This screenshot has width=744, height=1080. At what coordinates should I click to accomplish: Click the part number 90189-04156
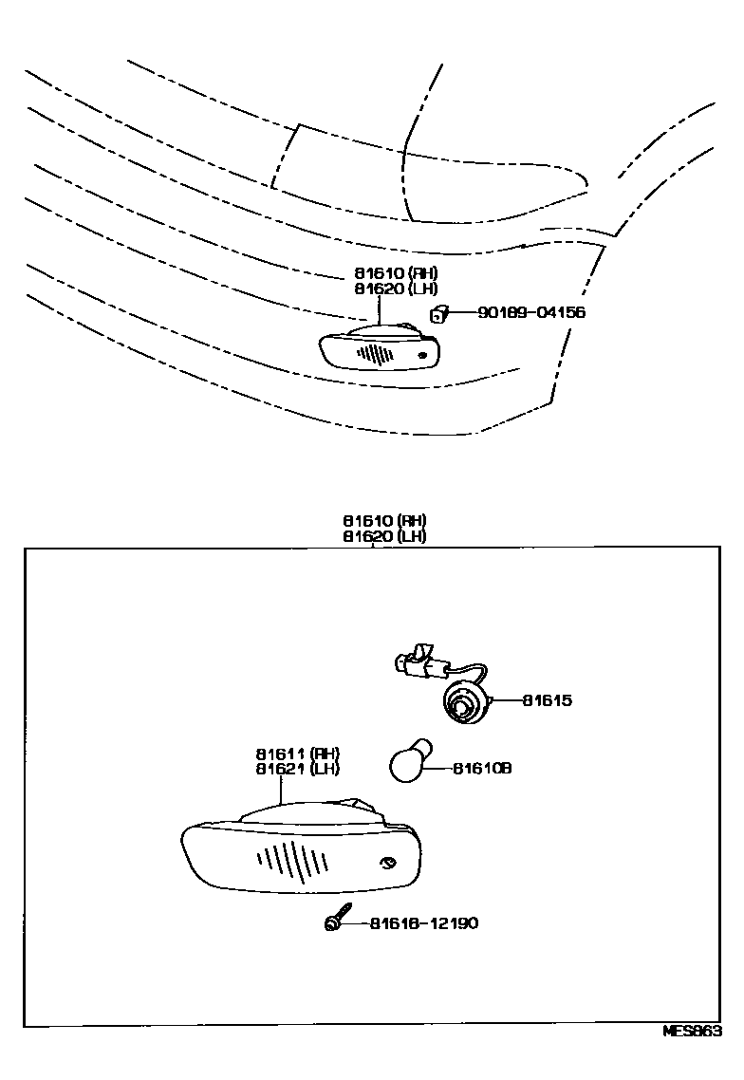(x=531, y=312)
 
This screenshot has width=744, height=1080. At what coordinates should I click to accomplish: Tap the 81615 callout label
(x=548, y=701)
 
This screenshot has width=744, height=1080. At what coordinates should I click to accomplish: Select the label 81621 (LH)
(x=297, y=769)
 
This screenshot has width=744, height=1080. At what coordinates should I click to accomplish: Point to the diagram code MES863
(x=693, y=1033)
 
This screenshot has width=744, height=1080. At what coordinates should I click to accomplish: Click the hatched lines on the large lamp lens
(x=292, y=861)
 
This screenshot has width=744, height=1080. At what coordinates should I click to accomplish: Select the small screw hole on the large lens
(x=387, y=863)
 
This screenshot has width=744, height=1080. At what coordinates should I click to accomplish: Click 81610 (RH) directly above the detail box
(x=384, y=521)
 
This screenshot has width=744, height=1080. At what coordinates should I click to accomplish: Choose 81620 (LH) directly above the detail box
(x=384, y=535)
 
